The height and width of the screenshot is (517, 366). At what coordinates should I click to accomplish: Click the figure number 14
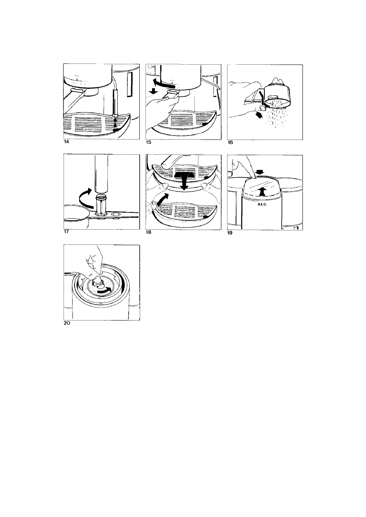[66, 142]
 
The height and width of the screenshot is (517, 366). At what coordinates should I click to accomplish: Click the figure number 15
[148, 142]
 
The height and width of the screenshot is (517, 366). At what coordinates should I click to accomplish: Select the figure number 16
[230, 142]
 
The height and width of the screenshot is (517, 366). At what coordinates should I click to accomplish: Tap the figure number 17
[66, 232]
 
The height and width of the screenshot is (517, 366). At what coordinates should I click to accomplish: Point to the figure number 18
[148, 232]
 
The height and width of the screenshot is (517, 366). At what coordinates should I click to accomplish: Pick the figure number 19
[230, 233]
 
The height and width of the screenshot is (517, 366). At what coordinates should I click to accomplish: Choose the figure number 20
[67, 323]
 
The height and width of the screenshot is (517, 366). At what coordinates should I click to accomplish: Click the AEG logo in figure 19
[262, 204]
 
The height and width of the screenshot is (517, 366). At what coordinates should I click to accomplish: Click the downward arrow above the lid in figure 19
[260, 172]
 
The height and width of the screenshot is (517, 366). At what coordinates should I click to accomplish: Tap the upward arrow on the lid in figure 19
[261, 191]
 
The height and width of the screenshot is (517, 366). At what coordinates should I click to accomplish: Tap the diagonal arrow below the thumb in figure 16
[260, 115]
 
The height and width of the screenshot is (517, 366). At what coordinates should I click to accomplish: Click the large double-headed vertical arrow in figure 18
[184, 180]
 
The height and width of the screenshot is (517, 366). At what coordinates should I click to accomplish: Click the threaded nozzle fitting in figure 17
[101, 204]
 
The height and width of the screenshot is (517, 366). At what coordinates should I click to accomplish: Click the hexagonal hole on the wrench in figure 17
[116, 214]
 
